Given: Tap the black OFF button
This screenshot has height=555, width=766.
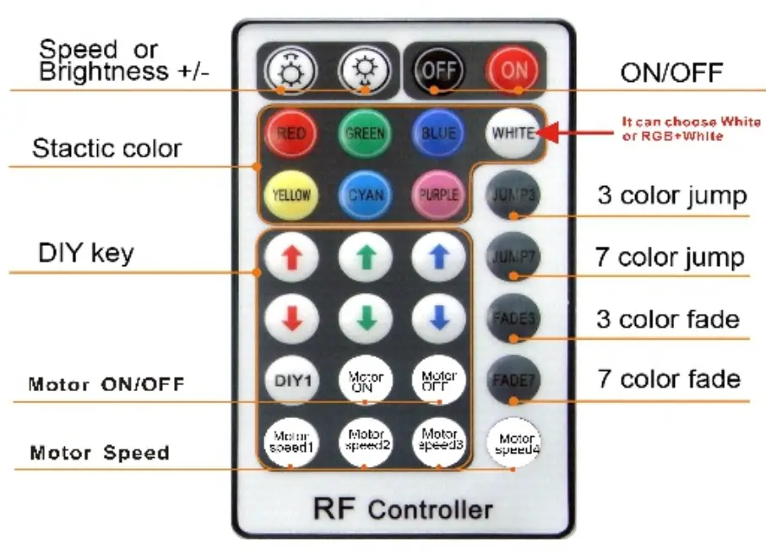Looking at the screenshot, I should [x=437, y=71].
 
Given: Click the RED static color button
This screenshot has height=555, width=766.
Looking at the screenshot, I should [x=291, y=133].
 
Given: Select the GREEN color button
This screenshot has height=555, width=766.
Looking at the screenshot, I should [x=365, y=133].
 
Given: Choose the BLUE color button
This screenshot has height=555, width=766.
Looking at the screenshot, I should [x=438, y=133].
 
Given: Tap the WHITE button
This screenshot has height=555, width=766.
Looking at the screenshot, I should [x=513, y=133].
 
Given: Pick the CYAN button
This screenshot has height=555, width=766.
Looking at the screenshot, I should [x=365, y=194].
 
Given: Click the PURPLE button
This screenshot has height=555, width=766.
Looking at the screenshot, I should [x=438, y=194].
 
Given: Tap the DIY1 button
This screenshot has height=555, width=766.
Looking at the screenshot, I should [x=291, y=379].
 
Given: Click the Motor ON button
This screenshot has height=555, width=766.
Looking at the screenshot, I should [x=365, y=379].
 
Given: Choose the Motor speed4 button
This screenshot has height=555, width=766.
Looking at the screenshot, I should [x=514, y=443].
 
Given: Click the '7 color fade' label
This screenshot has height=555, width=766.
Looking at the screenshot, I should [x=669, y=379].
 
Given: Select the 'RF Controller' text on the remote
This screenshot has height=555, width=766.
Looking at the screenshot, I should [x=403, y=509].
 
